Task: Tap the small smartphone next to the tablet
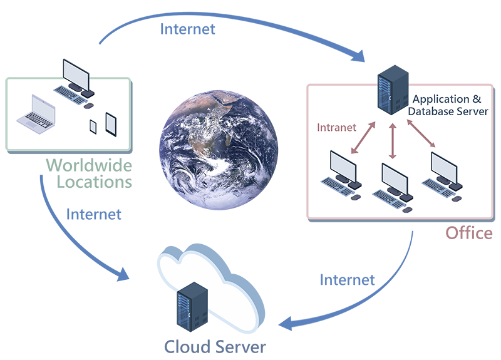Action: [93, 126]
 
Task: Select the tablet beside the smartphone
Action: [111, 123]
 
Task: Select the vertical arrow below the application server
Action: [393, 141]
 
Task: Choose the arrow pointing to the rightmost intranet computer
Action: [421, 135]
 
